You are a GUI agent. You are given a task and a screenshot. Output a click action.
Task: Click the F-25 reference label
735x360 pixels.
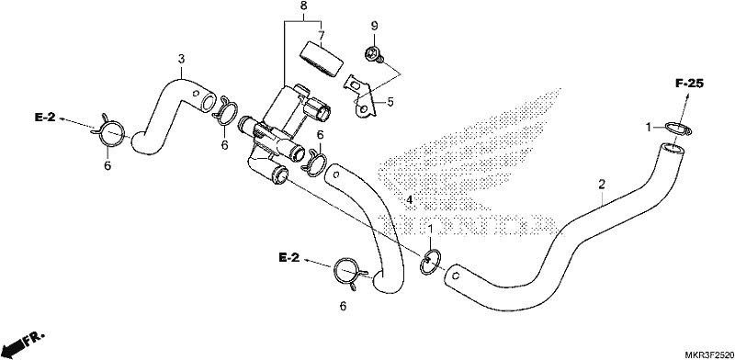690,84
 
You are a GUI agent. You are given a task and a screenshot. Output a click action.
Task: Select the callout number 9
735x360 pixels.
374,27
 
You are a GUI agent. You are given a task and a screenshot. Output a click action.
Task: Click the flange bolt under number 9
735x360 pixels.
374,54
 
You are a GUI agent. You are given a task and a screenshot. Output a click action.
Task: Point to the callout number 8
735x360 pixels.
304,6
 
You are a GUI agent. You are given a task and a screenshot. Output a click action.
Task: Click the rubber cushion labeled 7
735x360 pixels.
321,58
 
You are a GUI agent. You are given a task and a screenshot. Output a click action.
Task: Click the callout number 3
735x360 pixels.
181,59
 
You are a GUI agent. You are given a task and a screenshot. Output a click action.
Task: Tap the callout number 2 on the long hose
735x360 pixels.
602,185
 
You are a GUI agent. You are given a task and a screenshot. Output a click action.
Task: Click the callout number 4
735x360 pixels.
409,200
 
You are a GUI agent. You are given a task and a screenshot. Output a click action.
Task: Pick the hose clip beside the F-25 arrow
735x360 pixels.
678,128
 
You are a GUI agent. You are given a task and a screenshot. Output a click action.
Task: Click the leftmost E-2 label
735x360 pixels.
45,118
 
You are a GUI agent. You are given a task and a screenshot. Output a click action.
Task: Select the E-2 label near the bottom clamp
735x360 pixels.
288,257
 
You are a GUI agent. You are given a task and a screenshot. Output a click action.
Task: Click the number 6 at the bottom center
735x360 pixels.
343,307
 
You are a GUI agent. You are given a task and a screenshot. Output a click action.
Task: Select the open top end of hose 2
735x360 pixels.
672,149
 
